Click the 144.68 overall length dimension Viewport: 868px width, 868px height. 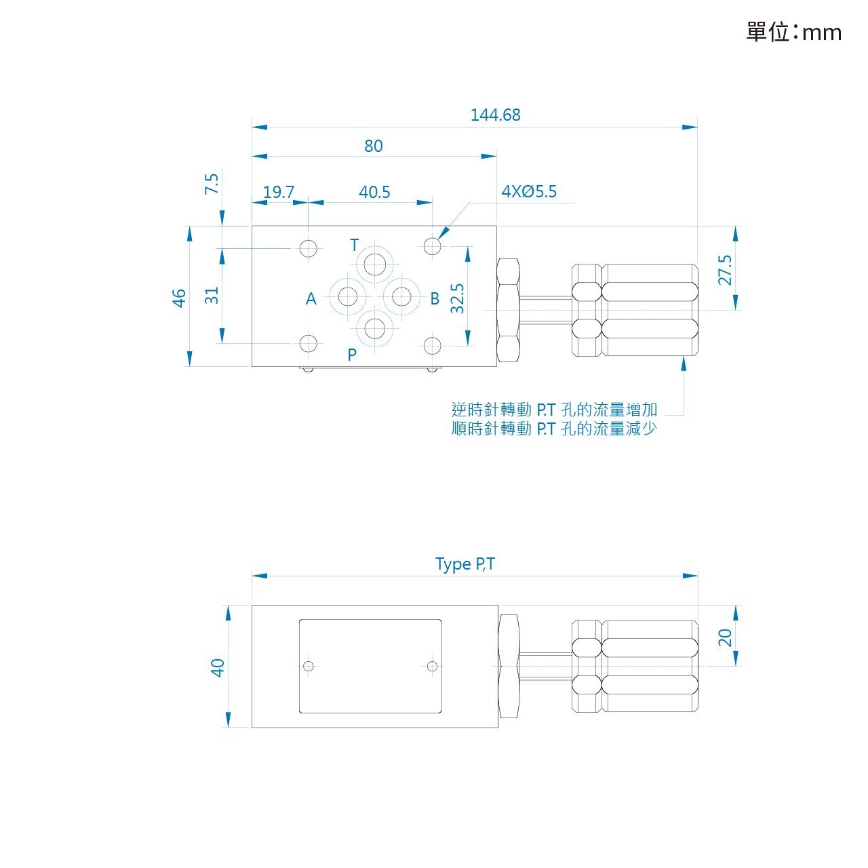tap(495, 115)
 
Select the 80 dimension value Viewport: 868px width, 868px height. tap(374, 146)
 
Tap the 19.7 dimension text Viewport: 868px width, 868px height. tap(279, 193)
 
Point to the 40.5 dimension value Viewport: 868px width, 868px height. tap(374, 193)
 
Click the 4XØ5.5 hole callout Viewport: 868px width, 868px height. tap(529, 192)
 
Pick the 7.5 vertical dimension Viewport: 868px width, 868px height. tap(212, 184)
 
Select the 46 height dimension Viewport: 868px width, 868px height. tap(179, 298)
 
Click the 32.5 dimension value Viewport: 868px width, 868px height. tap(457, 298)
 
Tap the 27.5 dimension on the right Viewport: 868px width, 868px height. tap(725, 271)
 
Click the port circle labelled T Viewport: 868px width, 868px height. tap(375, 264)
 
